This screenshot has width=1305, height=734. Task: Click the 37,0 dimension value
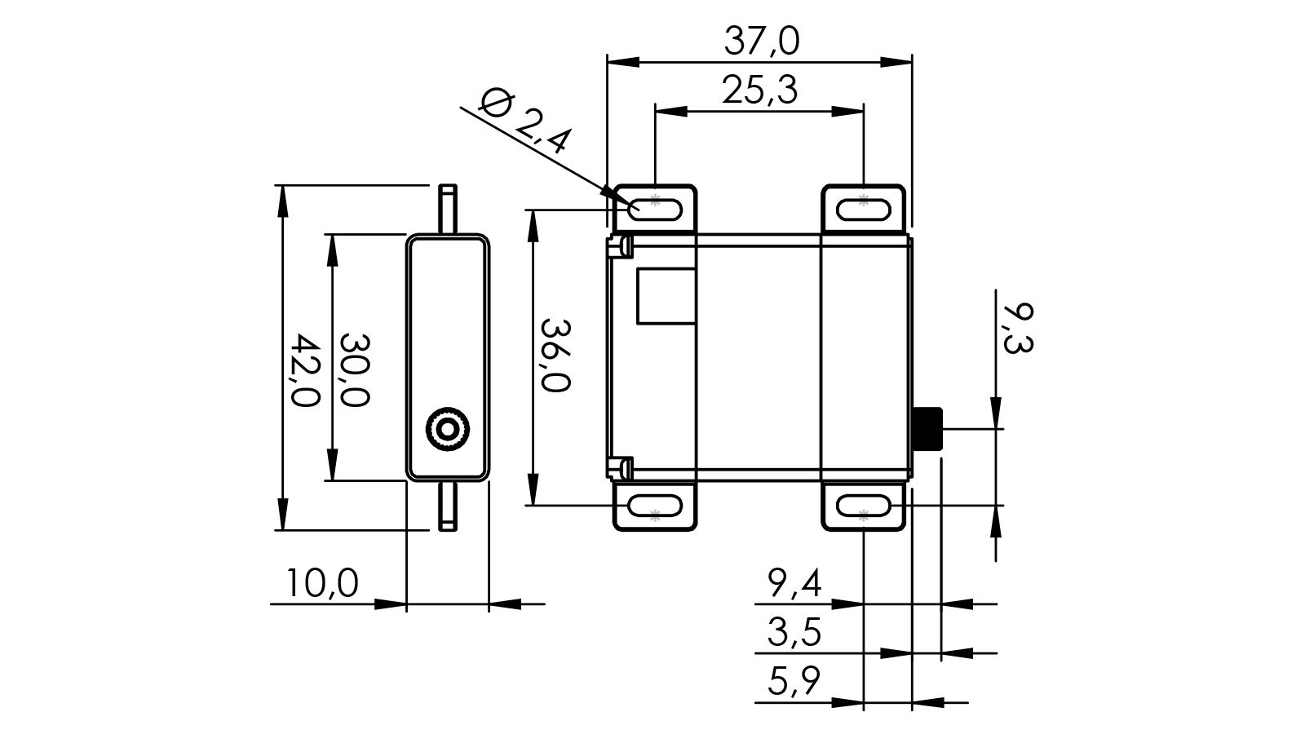tap(761, 41)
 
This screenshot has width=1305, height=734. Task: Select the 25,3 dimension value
tap(759, 90)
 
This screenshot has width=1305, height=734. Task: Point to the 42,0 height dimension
tap(304, 369)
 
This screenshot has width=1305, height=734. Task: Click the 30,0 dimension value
tap(355, 369)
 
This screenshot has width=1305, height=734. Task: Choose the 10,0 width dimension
tap(322, 583)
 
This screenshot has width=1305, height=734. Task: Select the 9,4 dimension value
tap(794, 583)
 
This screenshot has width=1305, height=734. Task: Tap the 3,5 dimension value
tap(794, 632)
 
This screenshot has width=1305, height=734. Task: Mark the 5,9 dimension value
tap(794, 681)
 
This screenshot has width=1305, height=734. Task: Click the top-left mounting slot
tap(655, 209)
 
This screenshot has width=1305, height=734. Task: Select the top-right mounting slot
tap(863, 209)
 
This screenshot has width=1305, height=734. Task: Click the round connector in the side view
tap(448, 428)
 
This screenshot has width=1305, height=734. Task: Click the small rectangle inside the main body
tap(666, 295)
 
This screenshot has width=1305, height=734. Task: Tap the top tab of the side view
tap(448, 210)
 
